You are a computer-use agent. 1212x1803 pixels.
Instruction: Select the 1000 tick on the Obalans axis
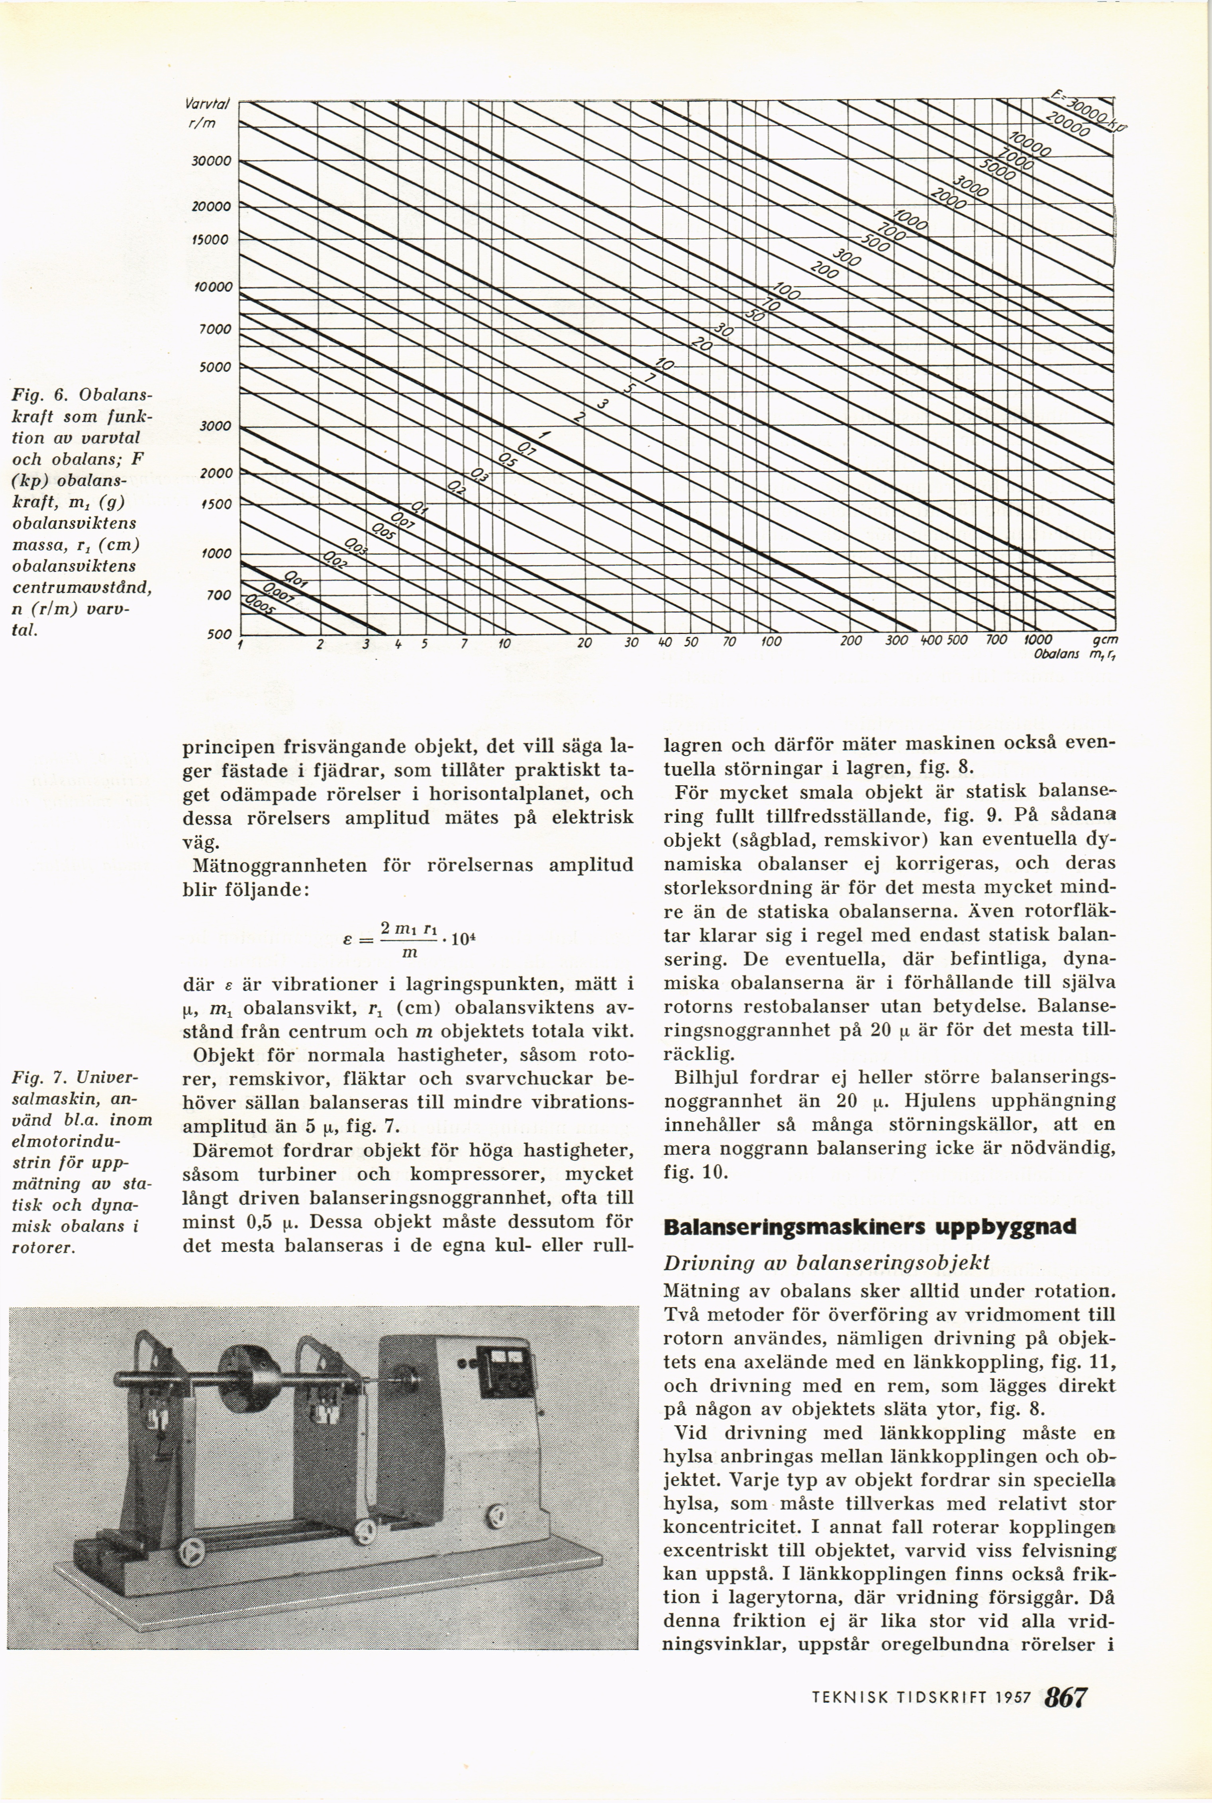pyautogui.click(x=1037, y=641)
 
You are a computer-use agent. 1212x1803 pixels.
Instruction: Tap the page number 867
pyautogui.click(x=1065, y=1697)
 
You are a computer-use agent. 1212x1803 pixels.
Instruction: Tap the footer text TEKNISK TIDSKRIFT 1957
pyautogui.click(x=922, y=1698)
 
